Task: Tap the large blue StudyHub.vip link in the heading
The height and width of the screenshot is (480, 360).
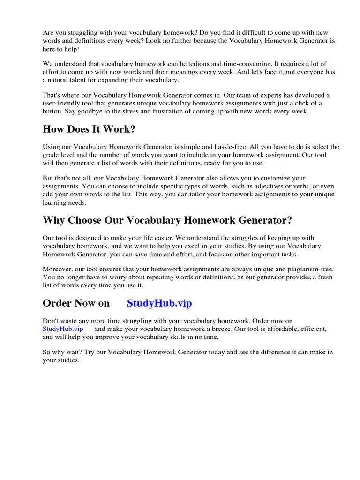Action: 159,303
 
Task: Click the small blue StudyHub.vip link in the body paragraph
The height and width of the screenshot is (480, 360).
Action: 63,329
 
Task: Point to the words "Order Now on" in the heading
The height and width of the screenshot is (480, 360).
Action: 76,303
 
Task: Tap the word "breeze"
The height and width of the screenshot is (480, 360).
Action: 219,329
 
